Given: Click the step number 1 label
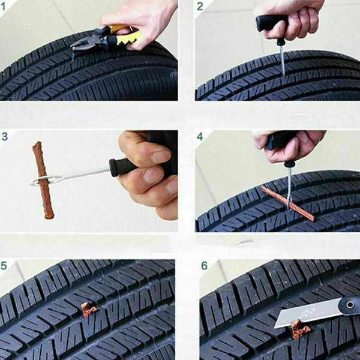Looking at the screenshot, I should point(5,7).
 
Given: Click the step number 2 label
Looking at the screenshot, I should point(200,7).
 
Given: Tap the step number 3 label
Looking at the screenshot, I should point(5,137).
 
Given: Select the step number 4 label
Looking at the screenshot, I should point(200,137).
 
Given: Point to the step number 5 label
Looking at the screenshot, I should point(5,266).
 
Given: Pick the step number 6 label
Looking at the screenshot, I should point(204,266).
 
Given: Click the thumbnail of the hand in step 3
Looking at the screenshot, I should point(161,157).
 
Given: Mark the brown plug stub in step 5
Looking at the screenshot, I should point(88,310).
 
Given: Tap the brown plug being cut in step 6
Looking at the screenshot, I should point(298,329).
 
